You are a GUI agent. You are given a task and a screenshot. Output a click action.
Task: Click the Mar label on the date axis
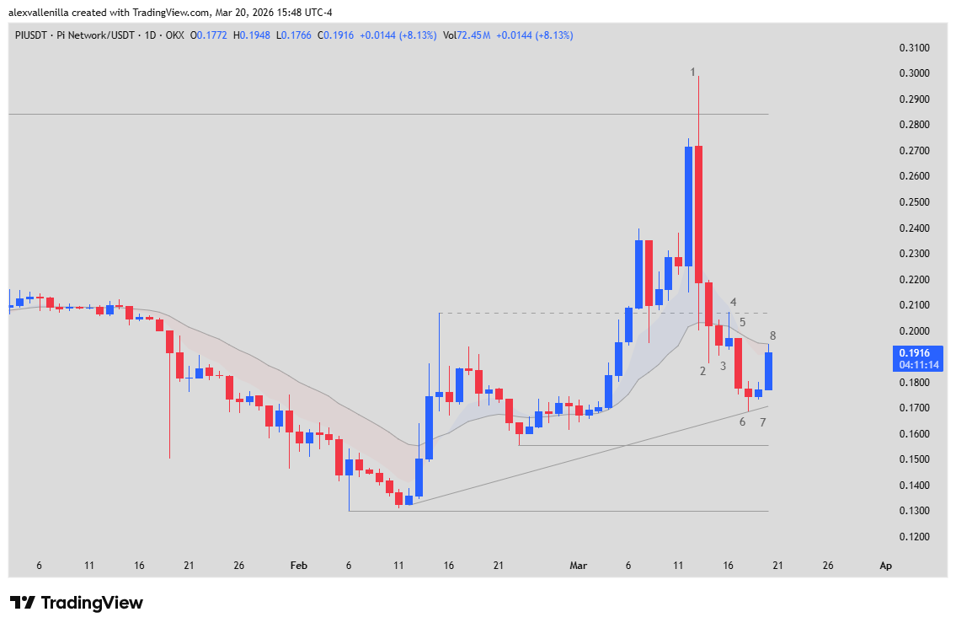click(x=579, y=566)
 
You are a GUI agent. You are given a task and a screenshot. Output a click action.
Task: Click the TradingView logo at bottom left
click(x=77, y=603)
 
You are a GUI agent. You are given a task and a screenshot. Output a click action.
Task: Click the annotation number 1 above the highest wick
click(x=693, y=72)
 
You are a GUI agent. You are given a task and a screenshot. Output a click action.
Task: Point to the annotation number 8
click(x=772, y=335)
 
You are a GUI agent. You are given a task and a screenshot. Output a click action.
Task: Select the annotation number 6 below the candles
click(x=742, y=421)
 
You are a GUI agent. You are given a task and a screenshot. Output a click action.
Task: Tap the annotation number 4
click(x=734, y=302)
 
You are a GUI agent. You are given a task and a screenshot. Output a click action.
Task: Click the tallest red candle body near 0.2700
click(x=699, y=214)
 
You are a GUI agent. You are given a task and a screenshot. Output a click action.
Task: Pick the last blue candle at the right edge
click(x=768, y=371)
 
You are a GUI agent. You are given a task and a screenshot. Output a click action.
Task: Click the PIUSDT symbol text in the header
click(x=30, y=35)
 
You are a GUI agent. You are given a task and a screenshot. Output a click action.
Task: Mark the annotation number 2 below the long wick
click(x=702, y=371)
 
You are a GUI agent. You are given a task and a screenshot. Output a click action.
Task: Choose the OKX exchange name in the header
click(x=174, y=35)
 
